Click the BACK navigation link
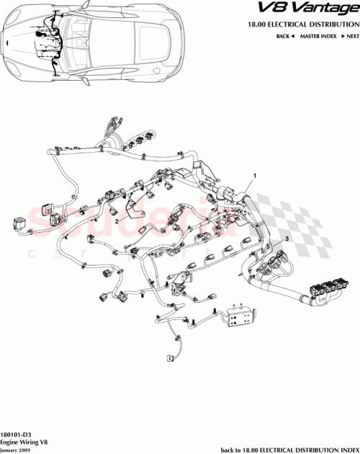tap(284, 35)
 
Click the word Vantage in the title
tap(324, 9)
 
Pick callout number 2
tap(117, 223)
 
